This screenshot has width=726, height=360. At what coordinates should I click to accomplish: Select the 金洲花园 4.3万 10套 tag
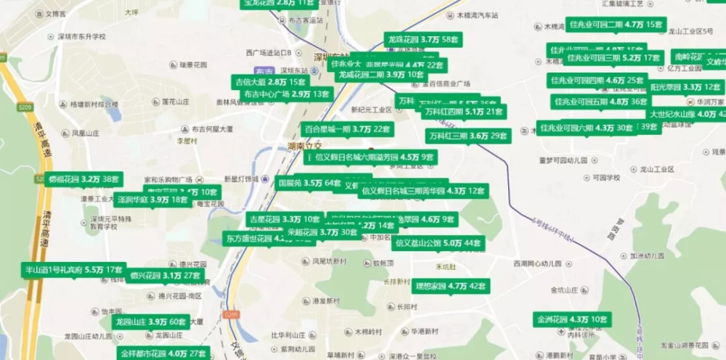[x=572, y=319]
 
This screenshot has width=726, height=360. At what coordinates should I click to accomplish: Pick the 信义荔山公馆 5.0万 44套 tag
[x=439, y=243]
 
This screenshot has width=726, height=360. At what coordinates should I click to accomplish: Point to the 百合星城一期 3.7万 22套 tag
[x=347, y=129]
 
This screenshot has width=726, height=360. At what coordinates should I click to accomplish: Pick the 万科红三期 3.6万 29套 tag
[x=468, y=136]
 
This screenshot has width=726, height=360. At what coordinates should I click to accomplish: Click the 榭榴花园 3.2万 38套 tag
[x=85, y=179]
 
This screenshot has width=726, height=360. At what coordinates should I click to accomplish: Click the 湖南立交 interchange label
[x=298, y=146]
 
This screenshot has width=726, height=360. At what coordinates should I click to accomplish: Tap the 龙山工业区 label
[x=647, y=169]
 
